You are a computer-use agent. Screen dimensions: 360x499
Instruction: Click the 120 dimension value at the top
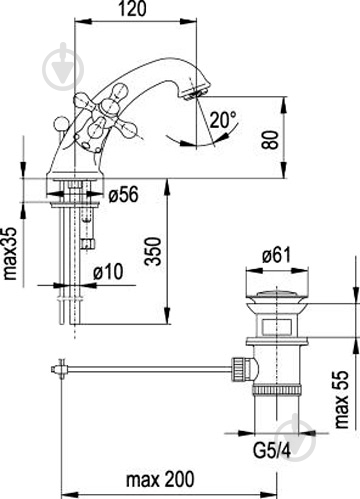point(132,9)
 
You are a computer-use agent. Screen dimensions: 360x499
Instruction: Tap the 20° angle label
point(222,120)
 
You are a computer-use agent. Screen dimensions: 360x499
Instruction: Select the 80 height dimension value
point(269,140)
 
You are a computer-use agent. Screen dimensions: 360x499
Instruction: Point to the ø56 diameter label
point(123,194)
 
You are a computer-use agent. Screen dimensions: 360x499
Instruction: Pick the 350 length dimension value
point(153,251)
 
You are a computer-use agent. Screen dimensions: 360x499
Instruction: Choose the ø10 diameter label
point(108,271)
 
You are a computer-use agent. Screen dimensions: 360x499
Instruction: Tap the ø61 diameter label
point(276,255)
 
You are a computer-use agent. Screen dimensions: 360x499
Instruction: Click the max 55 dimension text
point(341,399)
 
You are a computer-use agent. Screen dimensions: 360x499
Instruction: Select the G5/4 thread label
point(272,451)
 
